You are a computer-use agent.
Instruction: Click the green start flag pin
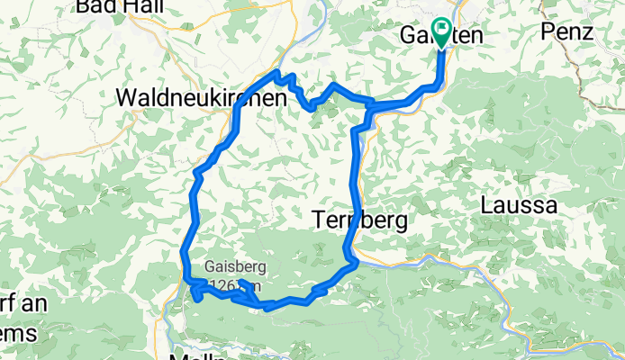441,31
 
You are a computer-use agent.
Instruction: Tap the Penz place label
567,31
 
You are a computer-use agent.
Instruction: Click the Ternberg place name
359,219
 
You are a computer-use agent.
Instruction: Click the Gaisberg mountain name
236,267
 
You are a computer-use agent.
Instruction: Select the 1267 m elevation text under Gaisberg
236,286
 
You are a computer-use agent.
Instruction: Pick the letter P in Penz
548,31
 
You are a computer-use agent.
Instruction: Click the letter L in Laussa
487,205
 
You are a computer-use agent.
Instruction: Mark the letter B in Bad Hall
84,7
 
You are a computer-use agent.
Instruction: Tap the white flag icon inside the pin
441,29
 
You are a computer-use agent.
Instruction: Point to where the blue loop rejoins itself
370,108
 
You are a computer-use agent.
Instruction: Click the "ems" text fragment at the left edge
18,334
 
